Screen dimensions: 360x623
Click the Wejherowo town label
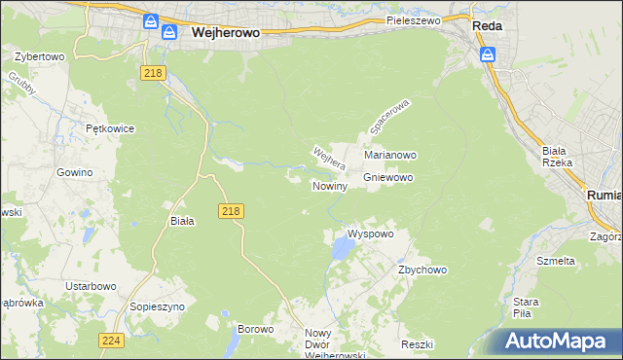point(226,32)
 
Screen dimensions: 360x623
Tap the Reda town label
point(487,27)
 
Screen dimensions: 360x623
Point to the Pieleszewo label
point(413,19)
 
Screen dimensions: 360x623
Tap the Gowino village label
point(74,172)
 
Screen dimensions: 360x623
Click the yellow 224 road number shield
point(110,340)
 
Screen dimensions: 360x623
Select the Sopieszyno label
point(158,306)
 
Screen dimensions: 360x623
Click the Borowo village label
point(255,330)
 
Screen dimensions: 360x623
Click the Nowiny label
point(330,185)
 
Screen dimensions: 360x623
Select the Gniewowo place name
point(388,178)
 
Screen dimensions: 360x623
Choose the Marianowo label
point(390,155)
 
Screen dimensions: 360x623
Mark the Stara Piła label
point(526,307)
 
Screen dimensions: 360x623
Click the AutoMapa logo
point(555,342)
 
